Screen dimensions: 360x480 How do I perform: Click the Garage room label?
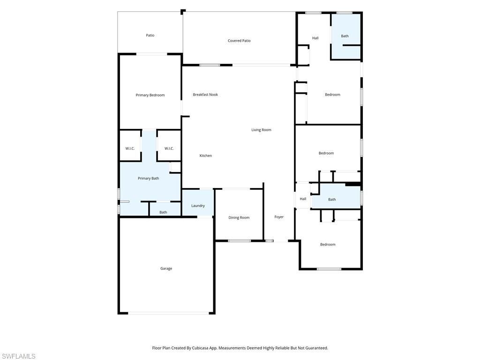166,269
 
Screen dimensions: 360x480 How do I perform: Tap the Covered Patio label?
239,41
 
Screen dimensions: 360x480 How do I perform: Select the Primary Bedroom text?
150,95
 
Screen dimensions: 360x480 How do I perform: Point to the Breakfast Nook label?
205,95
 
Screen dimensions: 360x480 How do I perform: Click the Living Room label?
261,130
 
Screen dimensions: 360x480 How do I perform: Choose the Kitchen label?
206,156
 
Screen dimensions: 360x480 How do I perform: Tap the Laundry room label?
198,206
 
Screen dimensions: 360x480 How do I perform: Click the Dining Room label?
239,217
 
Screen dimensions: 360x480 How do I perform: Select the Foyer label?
279,217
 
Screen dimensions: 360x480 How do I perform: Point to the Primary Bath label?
148,178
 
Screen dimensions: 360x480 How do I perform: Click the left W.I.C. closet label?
130,149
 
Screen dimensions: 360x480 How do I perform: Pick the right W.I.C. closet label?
169,149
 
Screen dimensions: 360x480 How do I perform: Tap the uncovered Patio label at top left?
150,35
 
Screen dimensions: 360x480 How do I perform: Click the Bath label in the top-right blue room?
345,36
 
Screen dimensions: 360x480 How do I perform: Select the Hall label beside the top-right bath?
315,38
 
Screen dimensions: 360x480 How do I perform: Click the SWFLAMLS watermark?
18,356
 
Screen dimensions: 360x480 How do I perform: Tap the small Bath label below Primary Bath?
163,212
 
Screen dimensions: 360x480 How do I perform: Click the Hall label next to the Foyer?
303,199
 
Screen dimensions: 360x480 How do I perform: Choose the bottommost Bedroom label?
328,244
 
